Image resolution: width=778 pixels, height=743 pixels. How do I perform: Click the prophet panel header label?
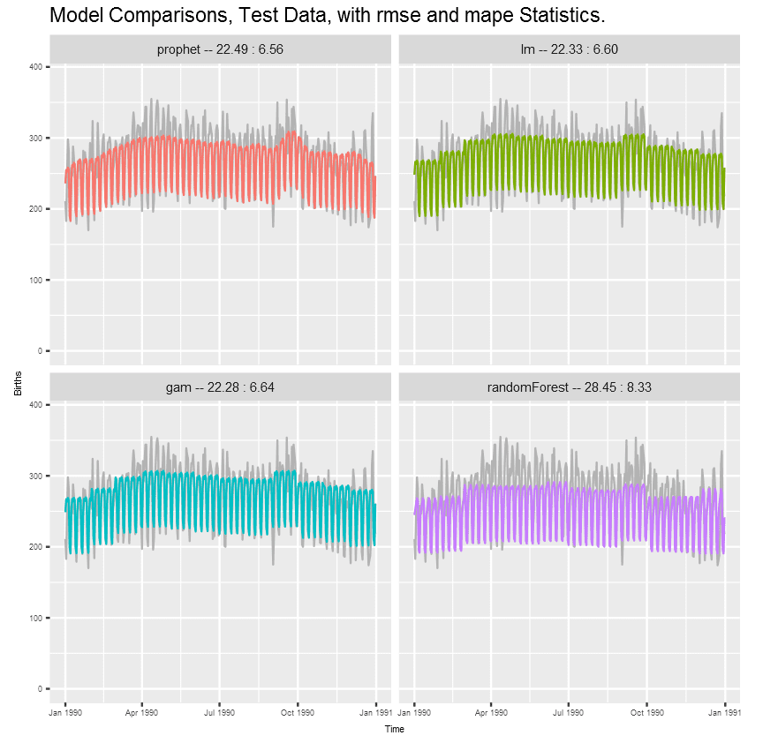[220, 49]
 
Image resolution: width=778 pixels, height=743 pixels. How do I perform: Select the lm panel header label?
[570, 49]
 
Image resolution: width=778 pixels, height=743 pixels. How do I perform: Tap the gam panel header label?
[220, 387]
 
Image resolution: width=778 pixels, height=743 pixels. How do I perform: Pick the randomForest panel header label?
[570, 387]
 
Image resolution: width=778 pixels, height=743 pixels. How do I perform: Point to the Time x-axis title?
[395, 729]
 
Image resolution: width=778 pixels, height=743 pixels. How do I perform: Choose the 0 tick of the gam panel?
[41, 688]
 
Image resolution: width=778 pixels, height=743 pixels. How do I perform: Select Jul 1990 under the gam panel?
[220, 711]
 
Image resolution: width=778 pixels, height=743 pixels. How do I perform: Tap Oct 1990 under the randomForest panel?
[647, 711]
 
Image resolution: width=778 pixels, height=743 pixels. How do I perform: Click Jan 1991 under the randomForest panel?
[724, 711]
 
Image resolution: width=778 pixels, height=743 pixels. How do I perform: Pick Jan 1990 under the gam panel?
[65, 711]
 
